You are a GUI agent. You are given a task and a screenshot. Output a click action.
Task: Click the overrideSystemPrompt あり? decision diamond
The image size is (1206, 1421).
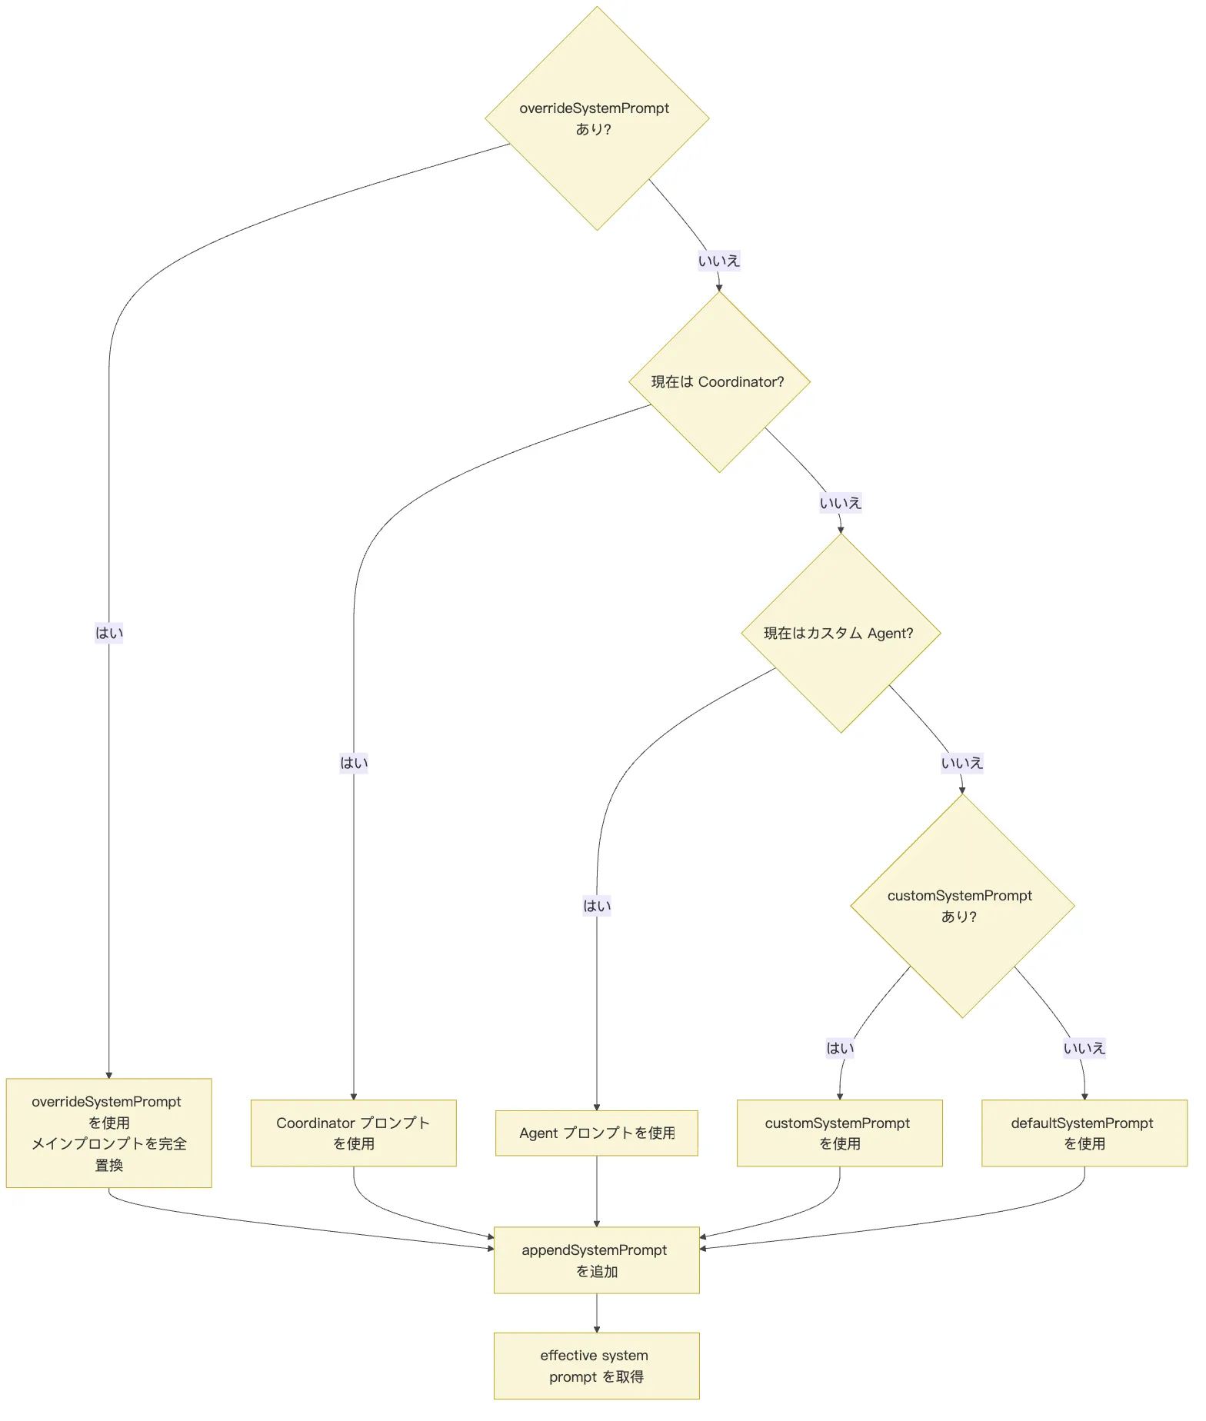point(597,118)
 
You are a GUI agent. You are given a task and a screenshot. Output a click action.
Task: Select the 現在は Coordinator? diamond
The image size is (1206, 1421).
point(719,382)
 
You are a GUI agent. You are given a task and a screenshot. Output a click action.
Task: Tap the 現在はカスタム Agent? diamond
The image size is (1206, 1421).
point(841,634)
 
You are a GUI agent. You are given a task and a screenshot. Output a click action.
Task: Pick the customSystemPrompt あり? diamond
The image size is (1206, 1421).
point(962,906)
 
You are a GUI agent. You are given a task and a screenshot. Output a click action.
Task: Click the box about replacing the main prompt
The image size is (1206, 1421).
point(109,1133)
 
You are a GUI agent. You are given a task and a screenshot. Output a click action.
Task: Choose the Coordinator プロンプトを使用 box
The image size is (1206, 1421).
point(354,1133)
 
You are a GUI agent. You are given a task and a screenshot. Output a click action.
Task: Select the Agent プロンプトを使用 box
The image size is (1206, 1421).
point(597,1133)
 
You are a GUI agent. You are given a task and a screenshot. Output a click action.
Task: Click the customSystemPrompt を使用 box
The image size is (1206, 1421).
point(840,1133)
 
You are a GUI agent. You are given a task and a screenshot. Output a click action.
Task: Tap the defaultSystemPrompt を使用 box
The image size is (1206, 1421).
point(1084,1133)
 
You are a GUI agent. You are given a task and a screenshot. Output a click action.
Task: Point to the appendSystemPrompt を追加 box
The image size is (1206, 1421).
point(597,1260)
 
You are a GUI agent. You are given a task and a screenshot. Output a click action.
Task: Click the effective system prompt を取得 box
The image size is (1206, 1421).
point(597,1366)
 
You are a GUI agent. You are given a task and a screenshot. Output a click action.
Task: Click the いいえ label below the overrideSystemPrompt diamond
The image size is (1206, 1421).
point(719,261)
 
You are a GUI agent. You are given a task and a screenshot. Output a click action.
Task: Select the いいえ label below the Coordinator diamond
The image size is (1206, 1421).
point(841,503)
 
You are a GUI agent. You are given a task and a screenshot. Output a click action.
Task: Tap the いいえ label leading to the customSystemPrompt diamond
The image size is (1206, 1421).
point(962,763)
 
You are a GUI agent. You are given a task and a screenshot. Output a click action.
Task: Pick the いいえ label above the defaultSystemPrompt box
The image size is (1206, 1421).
point(1084,1048)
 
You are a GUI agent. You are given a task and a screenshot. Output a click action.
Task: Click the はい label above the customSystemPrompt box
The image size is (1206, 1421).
point(840,1048)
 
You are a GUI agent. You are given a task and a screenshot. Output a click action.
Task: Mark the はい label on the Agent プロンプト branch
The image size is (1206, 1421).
point(597,906)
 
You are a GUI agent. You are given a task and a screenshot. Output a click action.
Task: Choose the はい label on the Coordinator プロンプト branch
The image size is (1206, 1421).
point(354,763)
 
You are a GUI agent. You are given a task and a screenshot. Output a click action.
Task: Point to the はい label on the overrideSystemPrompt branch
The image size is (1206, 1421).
point(109,633)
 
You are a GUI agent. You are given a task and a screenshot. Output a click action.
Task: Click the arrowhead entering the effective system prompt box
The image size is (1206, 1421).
point(597,1329)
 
